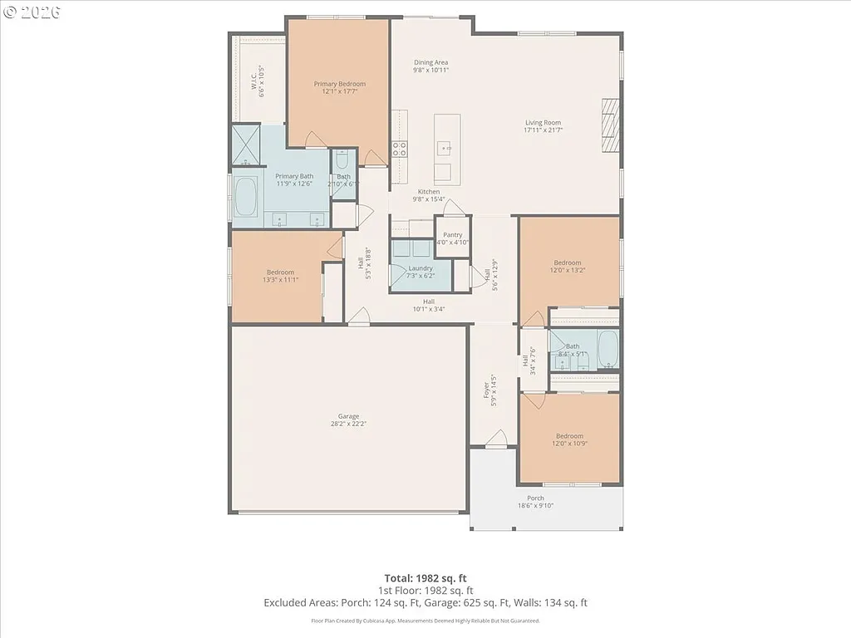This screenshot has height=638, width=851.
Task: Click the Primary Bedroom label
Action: (x=339, y=84)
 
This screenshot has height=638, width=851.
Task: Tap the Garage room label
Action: (x=348, y=416)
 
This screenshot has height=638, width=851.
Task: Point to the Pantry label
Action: (x=452, y=235)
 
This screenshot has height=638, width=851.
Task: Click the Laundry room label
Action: (x=421, y=268)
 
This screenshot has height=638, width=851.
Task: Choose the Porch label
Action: (x=535, y=498)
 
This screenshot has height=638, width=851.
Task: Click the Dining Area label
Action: (x=431, y=62)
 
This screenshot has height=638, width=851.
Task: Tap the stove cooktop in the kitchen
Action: (x=400, y=150)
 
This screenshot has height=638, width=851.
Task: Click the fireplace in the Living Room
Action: (x=612, y=125)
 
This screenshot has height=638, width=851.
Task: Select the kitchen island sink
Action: (x=445, y=149)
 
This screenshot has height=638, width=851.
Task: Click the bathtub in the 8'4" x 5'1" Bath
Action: (x=608, y=350)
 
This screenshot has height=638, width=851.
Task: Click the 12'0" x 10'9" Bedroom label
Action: (x=569, y=436)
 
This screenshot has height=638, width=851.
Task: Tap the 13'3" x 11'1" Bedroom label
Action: (x=280, y=272)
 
